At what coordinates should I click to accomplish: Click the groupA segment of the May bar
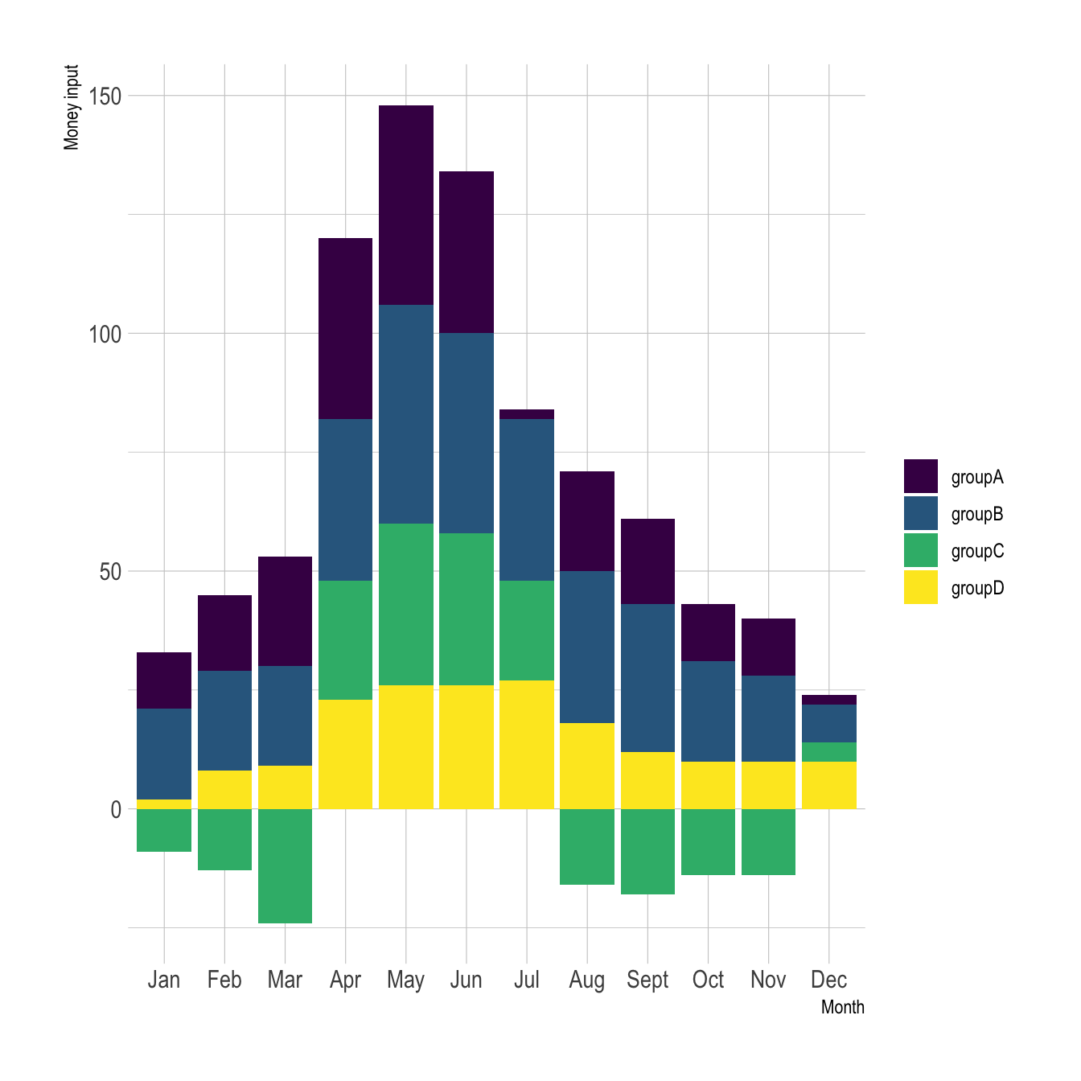(406, 205)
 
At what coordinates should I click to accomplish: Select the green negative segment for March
(285, 865)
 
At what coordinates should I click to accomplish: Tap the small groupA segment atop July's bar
(527, 414)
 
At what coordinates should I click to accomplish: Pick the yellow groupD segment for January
(164, 804)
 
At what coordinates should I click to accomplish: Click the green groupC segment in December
(828, 752)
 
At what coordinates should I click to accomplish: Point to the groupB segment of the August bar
(587, 647)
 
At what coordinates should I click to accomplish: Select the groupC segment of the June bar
(467, 609)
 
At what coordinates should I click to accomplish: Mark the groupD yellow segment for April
(346, 754)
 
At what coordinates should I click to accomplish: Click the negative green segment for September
(647, 851)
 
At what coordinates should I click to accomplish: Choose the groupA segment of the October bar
(708, 632)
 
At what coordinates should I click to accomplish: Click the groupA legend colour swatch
(920, 476)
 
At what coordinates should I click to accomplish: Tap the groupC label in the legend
(977, 552)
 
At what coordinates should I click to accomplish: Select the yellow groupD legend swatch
(920, 587)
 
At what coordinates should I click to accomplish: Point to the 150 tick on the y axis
(105, 96)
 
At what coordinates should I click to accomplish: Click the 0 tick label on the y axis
(115, 809)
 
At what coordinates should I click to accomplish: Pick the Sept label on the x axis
(647, 980)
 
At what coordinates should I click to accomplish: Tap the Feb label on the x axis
(224, 980)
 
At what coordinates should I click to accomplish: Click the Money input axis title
(72, 107)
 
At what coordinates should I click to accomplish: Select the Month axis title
(842, 1007)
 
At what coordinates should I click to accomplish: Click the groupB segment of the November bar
(768, 718)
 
